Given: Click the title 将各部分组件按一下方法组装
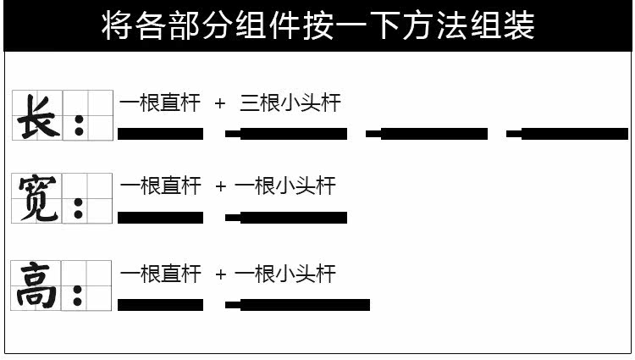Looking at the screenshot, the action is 317,26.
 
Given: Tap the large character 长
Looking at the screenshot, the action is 38,115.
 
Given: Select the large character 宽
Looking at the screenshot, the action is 38,197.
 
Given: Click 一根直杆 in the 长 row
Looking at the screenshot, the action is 160,103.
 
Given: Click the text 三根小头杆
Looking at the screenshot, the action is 290,103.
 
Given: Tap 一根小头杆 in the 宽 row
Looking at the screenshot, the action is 285,186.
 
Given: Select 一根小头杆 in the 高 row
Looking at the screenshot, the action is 285,274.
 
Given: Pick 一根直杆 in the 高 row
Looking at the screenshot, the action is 160,274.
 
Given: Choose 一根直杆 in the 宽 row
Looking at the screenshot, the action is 160,186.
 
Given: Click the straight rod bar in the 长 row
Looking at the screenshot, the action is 160,134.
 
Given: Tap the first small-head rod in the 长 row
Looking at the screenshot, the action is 286,134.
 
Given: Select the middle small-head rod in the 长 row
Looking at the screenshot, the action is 427,134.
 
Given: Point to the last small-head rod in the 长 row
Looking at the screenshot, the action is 567,134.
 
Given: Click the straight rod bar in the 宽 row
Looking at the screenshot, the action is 160,218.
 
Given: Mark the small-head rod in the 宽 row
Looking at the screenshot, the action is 286,218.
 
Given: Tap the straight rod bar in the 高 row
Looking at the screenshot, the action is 160,305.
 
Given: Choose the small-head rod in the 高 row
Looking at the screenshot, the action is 297,305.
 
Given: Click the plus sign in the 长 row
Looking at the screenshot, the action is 220,104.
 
